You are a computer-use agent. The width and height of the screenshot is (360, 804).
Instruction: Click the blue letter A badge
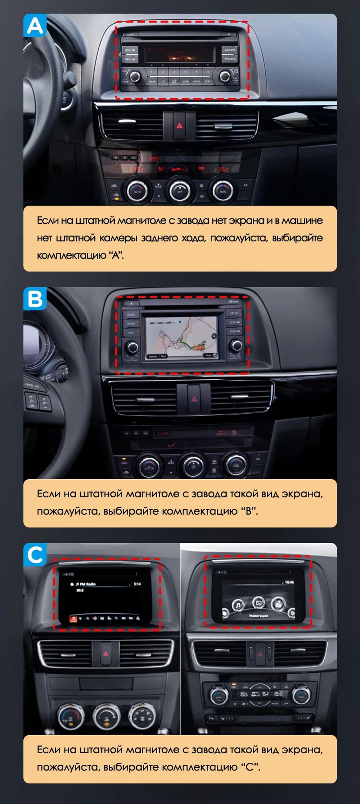(35, 26)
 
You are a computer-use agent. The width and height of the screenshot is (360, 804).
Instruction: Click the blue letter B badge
(35, 298)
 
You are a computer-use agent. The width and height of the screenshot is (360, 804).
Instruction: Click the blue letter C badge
(35, 554)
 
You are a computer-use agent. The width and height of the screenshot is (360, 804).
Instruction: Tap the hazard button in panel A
(179, 126)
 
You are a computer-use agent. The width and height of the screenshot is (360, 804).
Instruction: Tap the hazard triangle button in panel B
(194, 399)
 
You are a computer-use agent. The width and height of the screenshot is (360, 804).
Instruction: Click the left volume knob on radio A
(135, 76)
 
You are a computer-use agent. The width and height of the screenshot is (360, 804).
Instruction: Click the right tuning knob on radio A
(225, 76)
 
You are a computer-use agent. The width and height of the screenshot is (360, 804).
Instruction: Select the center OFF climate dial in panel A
(180, 191)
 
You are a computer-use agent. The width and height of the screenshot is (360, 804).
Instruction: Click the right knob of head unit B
(237, 346)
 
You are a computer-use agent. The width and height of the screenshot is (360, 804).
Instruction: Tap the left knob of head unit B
(132, 347)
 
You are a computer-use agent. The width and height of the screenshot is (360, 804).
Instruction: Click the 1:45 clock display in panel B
(163, 434)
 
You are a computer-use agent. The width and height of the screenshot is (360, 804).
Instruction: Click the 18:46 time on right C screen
(289, 582)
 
